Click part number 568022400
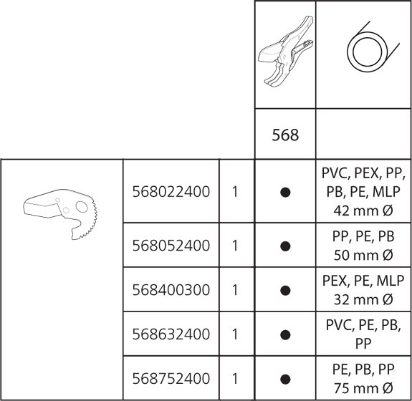coord(171,192)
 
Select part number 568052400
coord(171,246)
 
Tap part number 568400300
coord(171,290)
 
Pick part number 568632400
coord(171,334)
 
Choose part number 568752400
coord(171,379)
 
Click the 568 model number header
coord(285,135)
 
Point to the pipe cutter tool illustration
coord(286,52)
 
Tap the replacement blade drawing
coord(60,214)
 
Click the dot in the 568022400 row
coord(285,192)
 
